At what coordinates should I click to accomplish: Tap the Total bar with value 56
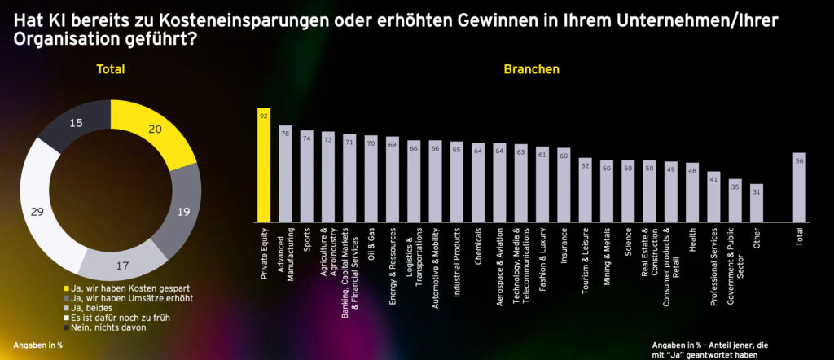tap(799, 187)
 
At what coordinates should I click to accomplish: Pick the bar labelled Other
tap(757, 203)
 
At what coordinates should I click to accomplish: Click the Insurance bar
tap(564, 185)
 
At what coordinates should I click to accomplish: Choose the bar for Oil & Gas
tap(371, 178)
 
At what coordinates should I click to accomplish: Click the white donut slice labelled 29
tap(48, 212)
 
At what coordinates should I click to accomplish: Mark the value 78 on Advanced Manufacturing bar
tap(285, 132)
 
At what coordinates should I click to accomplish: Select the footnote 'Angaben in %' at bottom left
tap(38, 345)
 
